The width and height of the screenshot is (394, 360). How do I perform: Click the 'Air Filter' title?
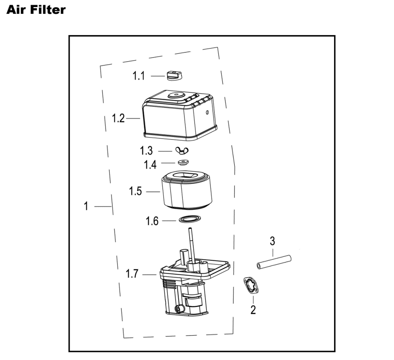click(x=36, y=10)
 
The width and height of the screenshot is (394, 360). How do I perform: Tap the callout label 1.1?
click(x=138, y=76)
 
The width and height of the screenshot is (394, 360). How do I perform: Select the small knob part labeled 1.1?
click(x=173, y=75)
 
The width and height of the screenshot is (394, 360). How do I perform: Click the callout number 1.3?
click(x=146, y=151)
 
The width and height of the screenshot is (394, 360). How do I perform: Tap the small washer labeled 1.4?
click(x=182, y=162)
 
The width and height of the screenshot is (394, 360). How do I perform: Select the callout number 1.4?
click(x=150, y=165)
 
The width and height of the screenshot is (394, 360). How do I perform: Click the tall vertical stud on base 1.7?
click(x=191, y=244)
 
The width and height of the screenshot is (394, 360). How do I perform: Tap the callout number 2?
click(x=253, y=310)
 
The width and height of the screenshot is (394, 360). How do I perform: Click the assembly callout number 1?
click(x=86, y=206)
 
